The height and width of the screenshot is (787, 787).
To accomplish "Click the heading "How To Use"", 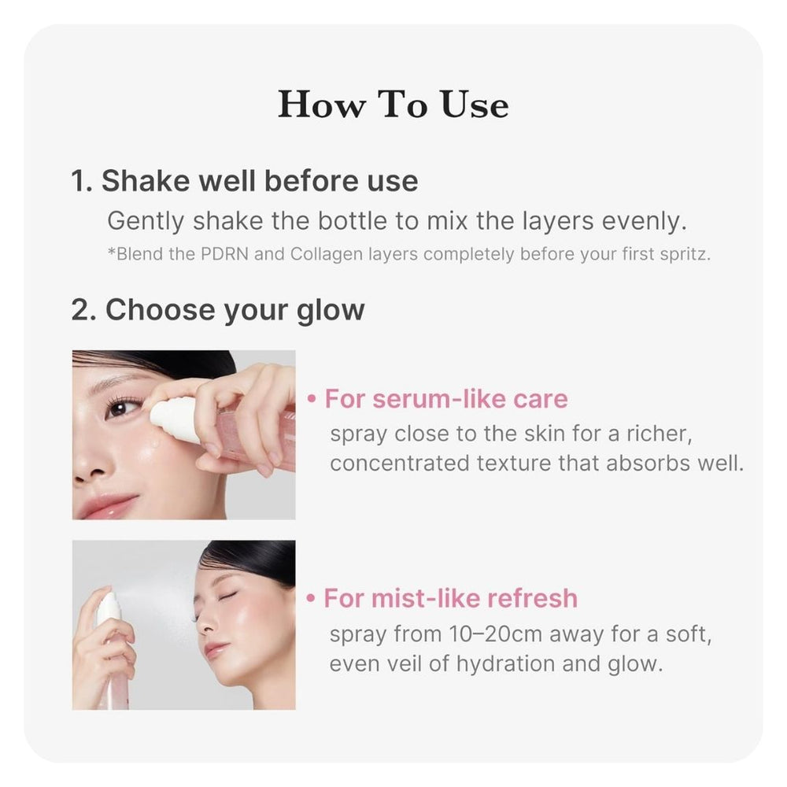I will click(x=393, y=105).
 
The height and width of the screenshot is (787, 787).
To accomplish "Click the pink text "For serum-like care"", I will click(x=446, y=399).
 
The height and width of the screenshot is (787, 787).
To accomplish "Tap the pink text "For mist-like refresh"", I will click(x=451, y=598).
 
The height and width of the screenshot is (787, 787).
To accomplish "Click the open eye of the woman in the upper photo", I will click(x=120, y=408).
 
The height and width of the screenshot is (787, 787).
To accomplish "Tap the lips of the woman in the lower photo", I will click(x=215, y=650).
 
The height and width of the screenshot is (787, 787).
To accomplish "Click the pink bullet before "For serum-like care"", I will click(x=313, y=400).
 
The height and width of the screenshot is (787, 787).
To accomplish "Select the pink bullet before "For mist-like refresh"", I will click(x=312, y=599).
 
